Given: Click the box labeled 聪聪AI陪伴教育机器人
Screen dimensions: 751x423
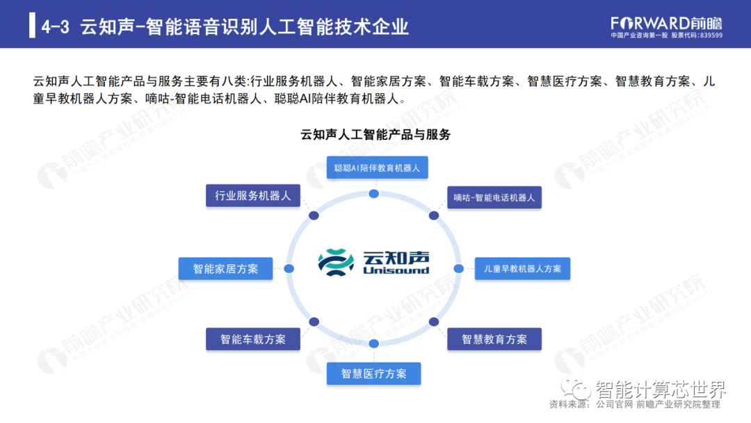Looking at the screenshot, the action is coord(378,168).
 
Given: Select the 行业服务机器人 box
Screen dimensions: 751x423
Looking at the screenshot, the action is coord(253,195).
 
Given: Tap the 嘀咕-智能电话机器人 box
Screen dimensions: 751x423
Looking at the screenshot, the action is coord(494,198).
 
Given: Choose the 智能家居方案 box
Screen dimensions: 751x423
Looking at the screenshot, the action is coord(225,269).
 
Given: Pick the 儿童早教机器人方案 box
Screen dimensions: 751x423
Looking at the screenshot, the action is coord(522,269).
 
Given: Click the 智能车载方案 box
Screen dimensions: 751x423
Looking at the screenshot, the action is coord(253,340).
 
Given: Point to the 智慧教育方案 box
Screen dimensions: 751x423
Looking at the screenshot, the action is coord(494,340).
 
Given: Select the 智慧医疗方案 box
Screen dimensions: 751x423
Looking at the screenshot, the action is coord(373,374).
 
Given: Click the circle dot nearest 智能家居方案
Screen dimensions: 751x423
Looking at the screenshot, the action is coord(289,269).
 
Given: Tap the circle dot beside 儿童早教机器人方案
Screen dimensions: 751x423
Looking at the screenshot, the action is coord(458,269).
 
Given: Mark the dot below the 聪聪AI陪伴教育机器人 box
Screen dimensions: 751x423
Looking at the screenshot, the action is coord(373,193).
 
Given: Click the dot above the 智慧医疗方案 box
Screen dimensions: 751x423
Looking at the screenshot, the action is coord(373,344).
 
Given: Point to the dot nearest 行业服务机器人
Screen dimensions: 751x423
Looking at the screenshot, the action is coord(314,216).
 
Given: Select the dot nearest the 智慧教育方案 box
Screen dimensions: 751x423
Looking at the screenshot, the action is coord(433,322).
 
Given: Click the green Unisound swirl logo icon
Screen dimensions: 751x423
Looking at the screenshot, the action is coord(336,262).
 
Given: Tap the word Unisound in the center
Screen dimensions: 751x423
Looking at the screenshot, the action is coord(396,271).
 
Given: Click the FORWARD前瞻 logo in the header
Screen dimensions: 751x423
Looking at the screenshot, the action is coord(666,24).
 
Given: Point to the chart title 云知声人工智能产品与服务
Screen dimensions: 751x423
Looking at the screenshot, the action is coord(375,134).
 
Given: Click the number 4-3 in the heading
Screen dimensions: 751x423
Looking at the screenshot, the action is coord(55,26).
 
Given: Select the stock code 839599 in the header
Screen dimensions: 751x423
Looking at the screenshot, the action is coord(711,35).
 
